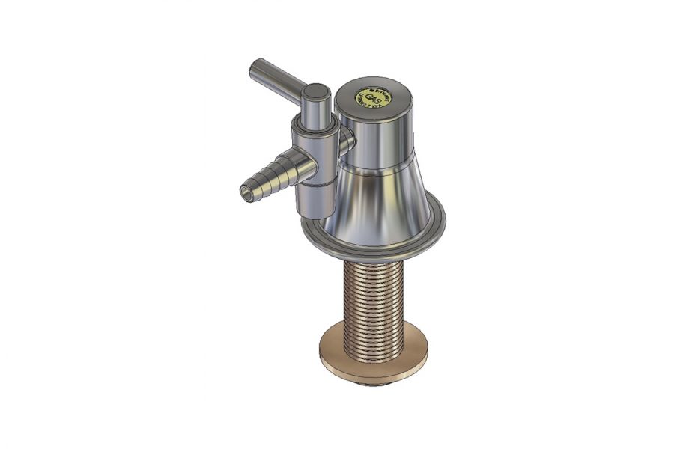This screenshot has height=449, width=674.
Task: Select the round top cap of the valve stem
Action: click(316, 93)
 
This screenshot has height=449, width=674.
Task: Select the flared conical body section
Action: click(382, 198)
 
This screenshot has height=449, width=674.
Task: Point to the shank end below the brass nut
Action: click(373, 384)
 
